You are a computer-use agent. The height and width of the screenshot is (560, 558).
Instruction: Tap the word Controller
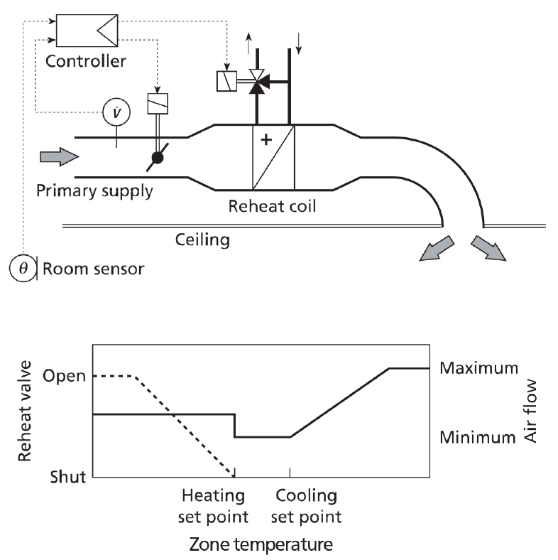pos(86,60)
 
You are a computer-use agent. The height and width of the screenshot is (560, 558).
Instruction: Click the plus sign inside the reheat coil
pos(266,140)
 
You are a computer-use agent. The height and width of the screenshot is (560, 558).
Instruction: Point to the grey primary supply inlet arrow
pos(58,157)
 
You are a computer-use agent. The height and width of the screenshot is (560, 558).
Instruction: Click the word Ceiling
pos(202,240)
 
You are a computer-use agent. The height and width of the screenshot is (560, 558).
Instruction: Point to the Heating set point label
pos(213,505)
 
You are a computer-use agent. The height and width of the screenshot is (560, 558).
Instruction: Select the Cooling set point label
pos(307,505)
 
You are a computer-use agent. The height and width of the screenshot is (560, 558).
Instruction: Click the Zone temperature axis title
pos(261,545)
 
